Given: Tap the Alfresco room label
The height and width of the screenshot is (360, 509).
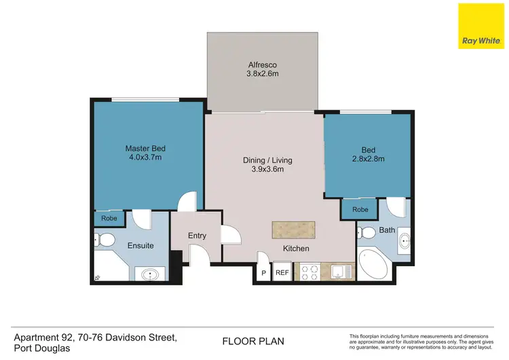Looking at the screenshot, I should point(262,66).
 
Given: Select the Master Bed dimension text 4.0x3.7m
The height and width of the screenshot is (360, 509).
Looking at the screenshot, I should point(145,158).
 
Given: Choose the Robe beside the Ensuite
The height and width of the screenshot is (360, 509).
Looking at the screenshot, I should point(109,219).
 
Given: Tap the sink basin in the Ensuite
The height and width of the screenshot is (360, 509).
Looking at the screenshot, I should point(151,275).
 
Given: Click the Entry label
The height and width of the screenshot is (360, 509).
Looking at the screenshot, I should point(197,236).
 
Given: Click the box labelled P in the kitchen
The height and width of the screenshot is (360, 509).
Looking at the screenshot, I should point(263,273).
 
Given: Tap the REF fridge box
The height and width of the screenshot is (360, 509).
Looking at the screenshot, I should point(282,273).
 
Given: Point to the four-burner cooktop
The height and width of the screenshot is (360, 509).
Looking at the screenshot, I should point(309,272).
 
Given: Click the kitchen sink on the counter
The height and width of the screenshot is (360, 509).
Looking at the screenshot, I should point(337,272).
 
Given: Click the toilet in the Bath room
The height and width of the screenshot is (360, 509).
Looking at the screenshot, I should point(367,233).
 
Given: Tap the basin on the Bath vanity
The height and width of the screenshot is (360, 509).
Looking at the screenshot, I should point(404,240).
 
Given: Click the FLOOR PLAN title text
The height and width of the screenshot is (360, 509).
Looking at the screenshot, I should point(253,341).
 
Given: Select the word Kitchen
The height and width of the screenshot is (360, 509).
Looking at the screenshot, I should point(297,249).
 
